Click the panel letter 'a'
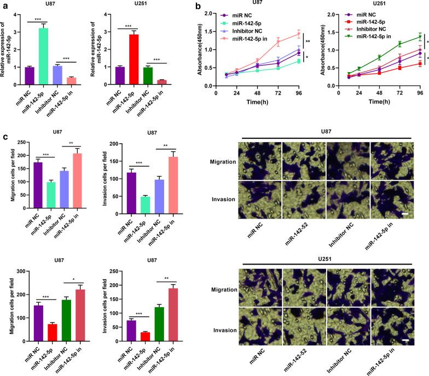coord(4,5)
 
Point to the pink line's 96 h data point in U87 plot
coord(299,34)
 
